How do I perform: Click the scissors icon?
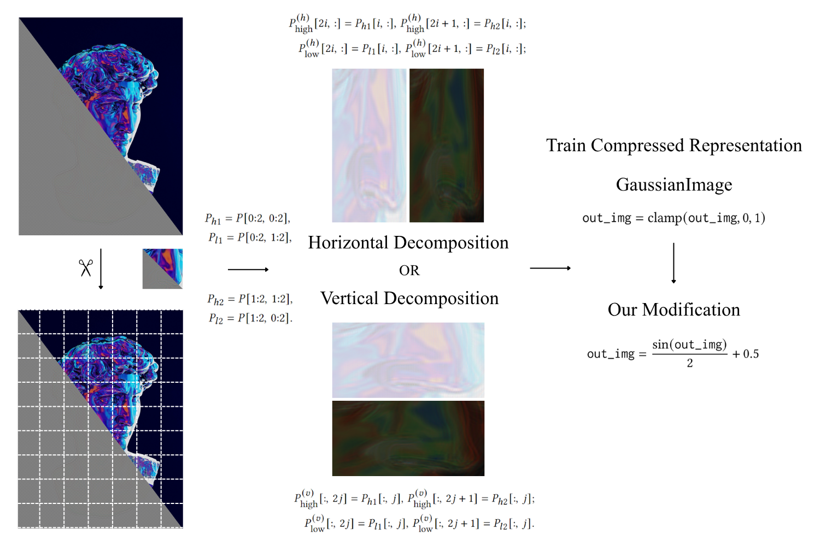(x=86, y=268)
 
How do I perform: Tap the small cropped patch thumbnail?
(x=162, y=269)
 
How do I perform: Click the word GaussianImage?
(x=674, y=185)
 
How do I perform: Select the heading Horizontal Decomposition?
(x=408, y=242)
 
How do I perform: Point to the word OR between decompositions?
(x=409, y=271)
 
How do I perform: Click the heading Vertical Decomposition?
(x=409, y=298)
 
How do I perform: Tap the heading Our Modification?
(x=673, y=310)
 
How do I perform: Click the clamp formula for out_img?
(x=673, y=218)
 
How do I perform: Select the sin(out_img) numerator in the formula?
(x=689, y=344)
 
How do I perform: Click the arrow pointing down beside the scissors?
(x=101, y=269)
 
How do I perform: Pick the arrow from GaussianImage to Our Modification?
(x=673, y=263)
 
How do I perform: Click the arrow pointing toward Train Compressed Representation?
(x=550, y=268)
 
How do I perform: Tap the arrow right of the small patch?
(x=248, y=270)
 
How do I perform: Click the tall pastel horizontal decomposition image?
(x=369, y=145)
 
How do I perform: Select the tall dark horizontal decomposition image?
(x=447, y=145)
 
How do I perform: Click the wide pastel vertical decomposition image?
(x=408, y=360)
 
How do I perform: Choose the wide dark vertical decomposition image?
(x=408, y=438)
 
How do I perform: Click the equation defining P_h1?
(x=248, y=219)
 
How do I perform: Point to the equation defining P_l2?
(x=250, y=318)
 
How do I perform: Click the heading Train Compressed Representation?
(x=674, y=146)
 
